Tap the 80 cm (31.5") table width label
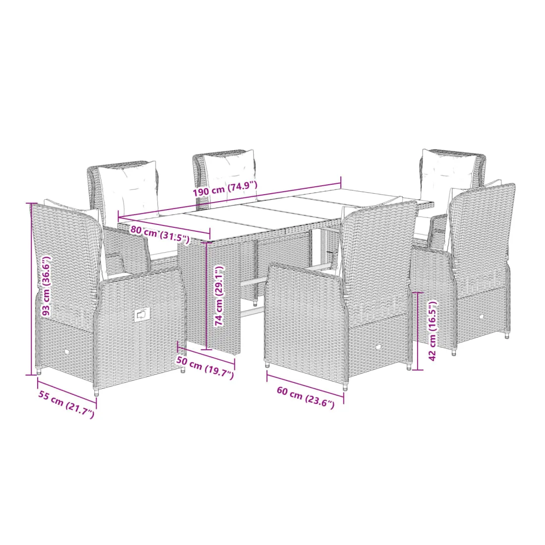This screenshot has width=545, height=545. point(160,234)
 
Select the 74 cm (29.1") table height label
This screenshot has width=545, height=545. point(219,296)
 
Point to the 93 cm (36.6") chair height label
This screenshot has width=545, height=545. point(46,286)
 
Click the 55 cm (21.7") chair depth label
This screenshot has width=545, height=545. point(66,405)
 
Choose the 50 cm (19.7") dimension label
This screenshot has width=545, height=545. point(205,368)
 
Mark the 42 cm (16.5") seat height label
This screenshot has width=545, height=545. point(433,330)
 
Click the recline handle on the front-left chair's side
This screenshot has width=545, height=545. point(142,315)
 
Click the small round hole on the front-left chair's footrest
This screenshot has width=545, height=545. point(67,352)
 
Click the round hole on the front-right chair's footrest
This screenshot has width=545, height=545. point(482,316)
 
